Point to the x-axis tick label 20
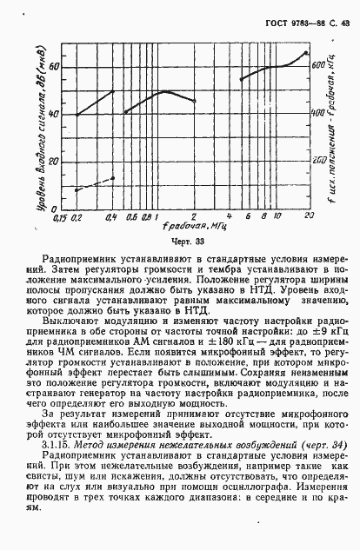(x=308, y=214)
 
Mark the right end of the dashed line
(x=113, y=178)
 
